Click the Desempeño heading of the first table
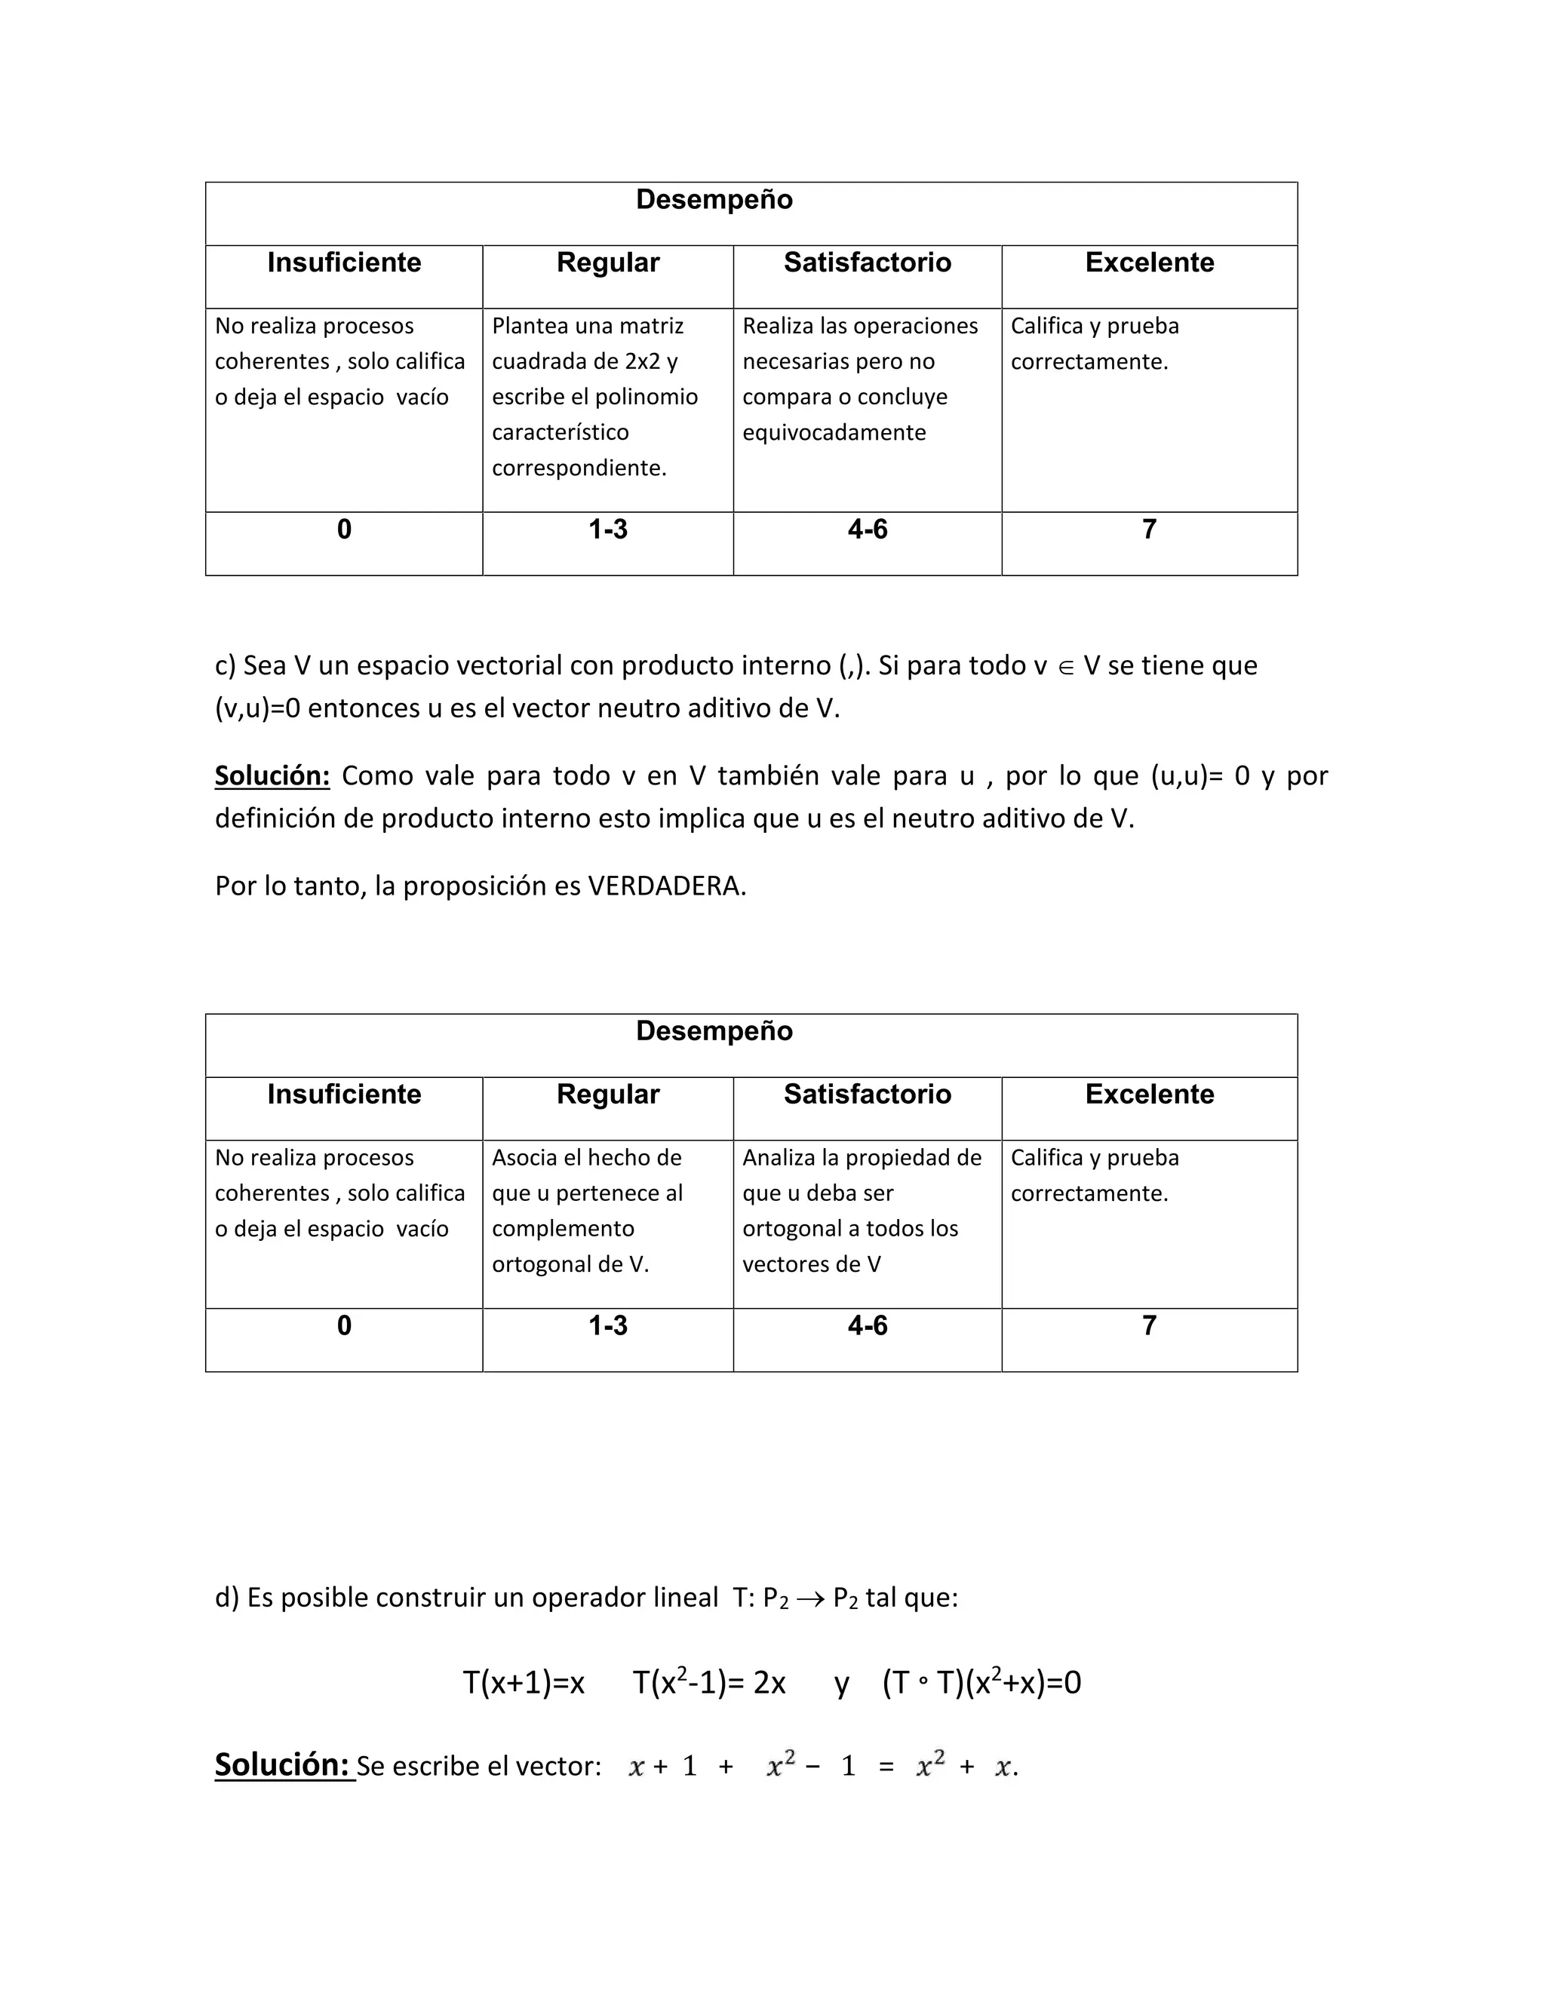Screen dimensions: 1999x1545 click(714, 200)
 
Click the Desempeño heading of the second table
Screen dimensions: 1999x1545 click(714, 1030)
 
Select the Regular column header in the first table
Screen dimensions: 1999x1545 click(608, 263)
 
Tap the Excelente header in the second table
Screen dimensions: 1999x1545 click(1149, 1094)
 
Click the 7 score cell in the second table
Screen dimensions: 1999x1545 click(1149, 1325)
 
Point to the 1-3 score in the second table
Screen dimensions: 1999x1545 click(608, 1325)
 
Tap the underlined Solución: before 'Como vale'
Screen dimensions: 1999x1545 click(272, 775)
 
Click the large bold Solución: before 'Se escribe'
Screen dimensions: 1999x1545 click(283, 1764)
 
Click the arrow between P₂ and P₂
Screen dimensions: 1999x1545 click(810, 1599)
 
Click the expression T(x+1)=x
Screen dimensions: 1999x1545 click(524, 1682)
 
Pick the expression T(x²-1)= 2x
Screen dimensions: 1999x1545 click(709, 1682)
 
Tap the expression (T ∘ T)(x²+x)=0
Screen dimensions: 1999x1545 click(981, 1682)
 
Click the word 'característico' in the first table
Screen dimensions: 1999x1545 click(561, 432)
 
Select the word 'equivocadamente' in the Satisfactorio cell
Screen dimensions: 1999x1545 click(834, 432)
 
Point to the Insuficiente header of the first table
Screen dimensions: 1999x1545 click(344, 263)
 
